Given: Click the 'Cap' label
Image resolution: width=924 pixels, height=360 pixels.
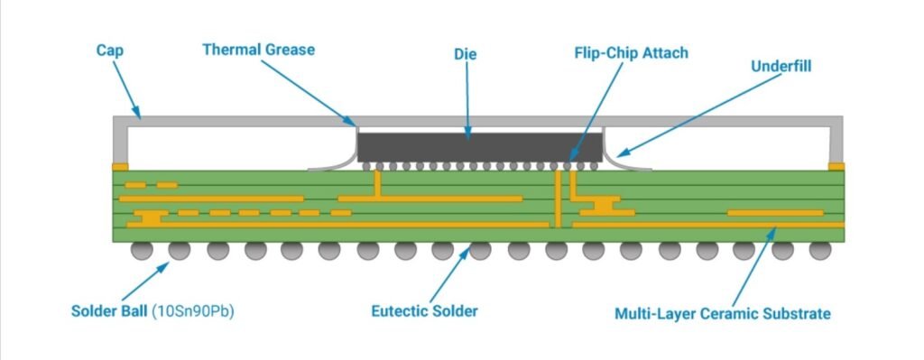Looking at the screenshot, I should (x=109, y=51).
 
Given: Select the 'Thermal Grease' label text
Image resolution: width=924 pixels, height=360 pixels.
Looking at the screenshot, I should (x=258, y=50).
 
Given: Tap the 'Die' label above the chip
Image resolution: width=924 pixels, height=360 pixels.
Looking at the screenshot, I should (x=467, y=55).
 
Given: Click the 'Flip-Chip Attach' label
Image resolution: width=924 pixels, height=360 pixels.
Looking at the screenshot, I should (x=631, y=52).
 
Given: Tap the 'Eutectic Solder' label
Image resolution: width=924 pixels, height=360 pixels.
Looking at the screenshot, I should (x=424, y=311).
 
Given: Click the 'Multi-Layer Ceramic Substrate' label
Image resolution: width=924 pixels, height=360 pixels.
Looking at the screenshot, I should (x=722, y=314).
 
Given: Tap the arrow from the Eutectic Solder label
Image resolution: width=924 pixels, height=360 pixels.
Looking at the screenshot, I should (x=447, y=275).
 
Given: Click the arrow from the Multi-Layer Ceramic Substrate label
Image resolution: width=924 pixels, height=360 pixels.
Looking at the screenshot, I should (x=751, y=265).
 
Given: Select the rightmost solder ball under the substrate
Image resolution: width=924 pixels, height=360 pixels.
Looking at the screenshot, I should (x=819, y=250).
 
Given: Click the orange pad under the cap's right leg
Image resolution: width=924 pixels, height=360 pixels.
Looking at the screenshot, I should (x=836, y=166).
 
